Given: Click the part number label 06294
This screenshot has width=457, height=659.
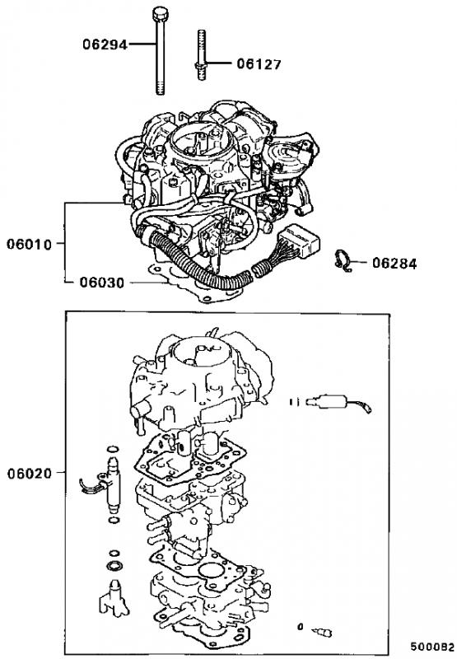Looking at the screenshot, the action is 105,44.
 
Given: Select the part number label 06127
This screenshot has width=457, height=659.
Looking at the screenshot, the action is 259,64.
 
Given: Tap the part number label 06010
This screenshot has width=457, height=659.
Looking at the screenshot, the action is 29,244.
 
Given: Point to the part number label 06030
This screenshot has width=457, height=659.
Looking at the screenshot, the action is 102,283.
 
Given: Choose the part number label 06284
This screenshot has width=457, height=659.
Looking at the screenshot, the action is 395,264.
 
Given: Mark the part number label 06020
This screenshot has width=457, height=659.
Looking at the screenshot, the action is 30,474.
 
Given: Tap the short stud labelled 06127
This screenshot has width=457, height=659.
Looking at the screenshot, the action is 201,54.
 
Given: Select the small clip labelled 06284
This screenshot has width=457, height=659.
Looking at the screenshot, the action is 342,260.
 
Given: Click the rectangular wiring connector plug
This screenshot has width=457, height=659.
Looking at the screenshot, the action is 300,241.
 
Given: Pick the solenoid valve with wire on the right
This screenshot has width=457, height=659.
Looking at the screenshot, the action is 333,402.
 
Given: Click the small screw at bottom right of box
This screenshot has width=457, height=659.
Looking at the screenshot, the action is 322,631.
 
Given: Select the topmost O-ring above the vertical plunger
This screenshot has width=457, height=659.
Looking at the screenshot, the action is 113,449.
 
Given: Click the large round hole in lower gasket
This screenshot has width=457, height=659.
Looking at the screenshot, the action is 212,572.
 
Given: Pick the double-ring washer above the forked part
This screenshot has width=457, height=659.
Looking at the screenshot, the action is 114,566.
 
